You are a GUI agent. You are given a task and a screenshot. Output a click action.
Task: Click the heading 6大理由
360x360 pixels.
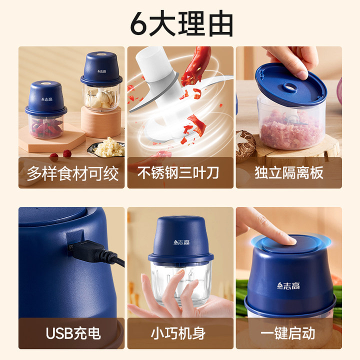[x=181, y=23]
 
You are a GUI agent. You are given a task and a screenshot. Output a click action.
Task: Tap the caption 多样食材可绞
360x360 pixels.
[x=72, y=173]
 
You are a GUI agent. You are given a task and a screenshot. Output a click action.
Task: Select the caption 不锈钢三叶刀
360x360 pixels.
[x=178, y=172]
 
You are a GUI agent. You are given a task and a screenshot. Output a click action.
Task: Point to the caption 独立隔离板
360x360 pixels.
[x=289, y=172]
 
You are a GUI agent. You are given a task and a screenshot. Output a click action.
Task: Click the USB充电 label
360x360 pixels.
[x=73, y=333]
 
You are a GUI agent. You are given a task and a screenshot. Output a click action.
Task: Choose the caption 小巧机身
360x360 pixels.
[x=178, y=333]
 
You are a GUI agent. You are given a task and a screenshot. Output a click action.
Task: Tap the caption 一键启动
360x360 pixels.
[x=287, y=333]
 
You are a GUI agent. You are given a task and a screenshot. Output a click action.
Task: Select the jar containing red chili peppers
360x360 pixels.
[x=46, y=126]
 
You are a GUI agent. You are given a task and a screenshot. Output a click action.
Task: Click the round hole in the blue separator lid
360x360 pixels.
[x=291, y=87]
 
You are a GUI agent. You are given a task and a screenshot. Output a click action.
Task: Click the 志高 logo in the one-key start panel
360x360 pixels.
[x=288, y=285]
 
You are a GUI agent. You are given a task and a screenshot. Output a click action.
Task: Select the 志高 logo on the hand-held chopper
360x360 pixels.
[x=181, y=242]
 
